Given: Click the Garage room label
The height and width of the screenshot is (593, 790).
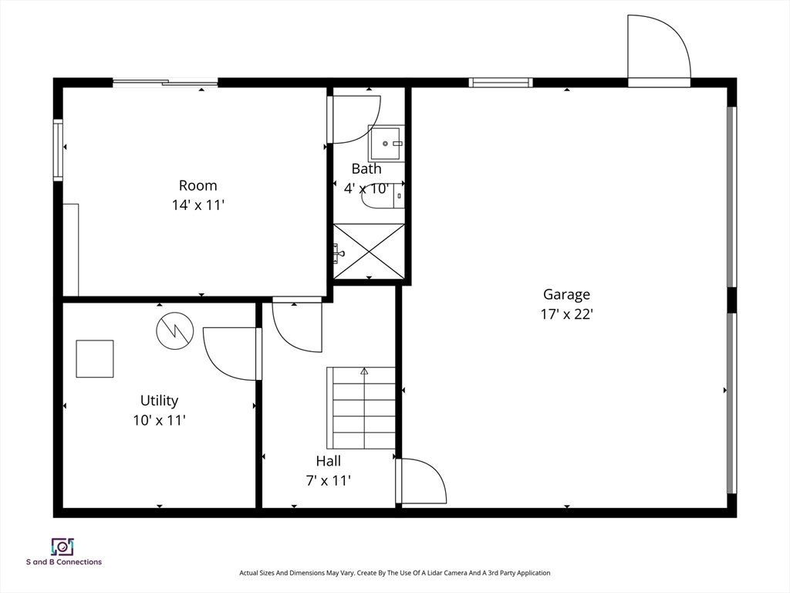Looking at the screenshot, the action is point(566,294).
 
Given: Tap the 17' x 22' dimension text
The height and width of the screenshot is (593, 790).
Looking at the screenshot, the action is point(567,314).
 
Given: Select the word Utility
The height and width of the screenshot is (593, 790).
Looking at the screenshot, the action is point(159,401).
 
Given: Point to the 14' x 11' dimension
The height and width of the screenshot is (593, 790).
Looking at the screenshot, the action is point(198,205).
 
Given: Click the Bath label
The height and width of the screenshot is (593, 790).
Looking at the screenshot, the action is point(366,168).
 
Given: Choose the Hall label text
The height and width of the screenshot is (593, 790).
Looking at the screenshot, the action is point(329,461).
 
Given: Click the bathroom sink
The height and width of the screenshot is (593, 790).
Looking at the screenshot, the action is point(387,144).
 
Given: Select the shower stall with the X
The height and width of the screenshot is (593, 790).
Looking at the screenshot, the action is point(370,251).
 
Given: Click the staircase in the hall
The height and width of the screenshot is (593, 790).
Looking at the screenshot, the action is point(361,408).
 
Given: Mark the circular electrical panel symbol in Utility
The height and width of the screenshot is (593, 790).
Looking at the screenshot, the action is point(175,330).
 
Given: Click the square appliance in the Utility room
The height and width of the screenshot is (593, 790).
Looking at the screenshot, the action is point(95,358).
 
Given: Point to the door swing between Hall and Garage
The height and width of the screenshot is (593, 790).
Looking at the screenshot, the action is point(421,480).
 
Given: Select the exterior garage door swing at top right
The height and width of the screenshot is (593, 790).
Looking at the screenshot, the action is point(659,47).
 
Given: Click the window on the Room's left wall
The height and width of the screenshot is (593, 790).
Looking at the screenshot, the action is point(59,150).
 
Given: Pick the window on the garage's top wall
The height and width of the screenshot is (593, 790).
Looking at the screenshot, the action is point(501,83).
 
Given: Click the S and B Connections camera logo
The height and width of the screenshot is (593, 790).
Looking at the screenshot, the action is point(63,547).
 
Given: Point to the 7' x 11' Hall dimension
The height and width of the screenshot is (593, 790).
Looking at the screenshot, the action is point(329,480).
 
